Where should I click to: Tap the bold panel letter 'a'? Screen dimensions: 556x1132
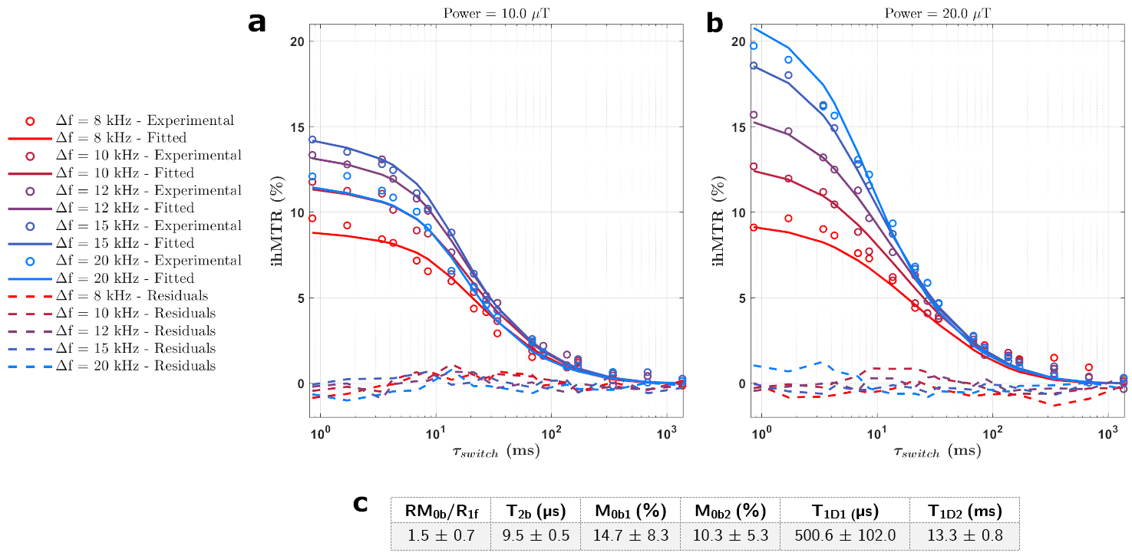[x=257, y=23]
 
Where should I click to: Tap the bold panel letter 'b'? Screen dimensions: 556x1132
[x=715, y=23]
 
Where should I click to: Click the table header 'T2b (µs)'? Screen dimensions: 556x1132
[x=537, y=511]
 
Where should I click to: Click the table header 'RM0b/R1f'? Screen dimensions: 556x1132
[x=441, y=511]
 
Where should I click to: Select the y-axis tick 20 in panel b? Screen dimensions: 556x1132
[x=740, y=41]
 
